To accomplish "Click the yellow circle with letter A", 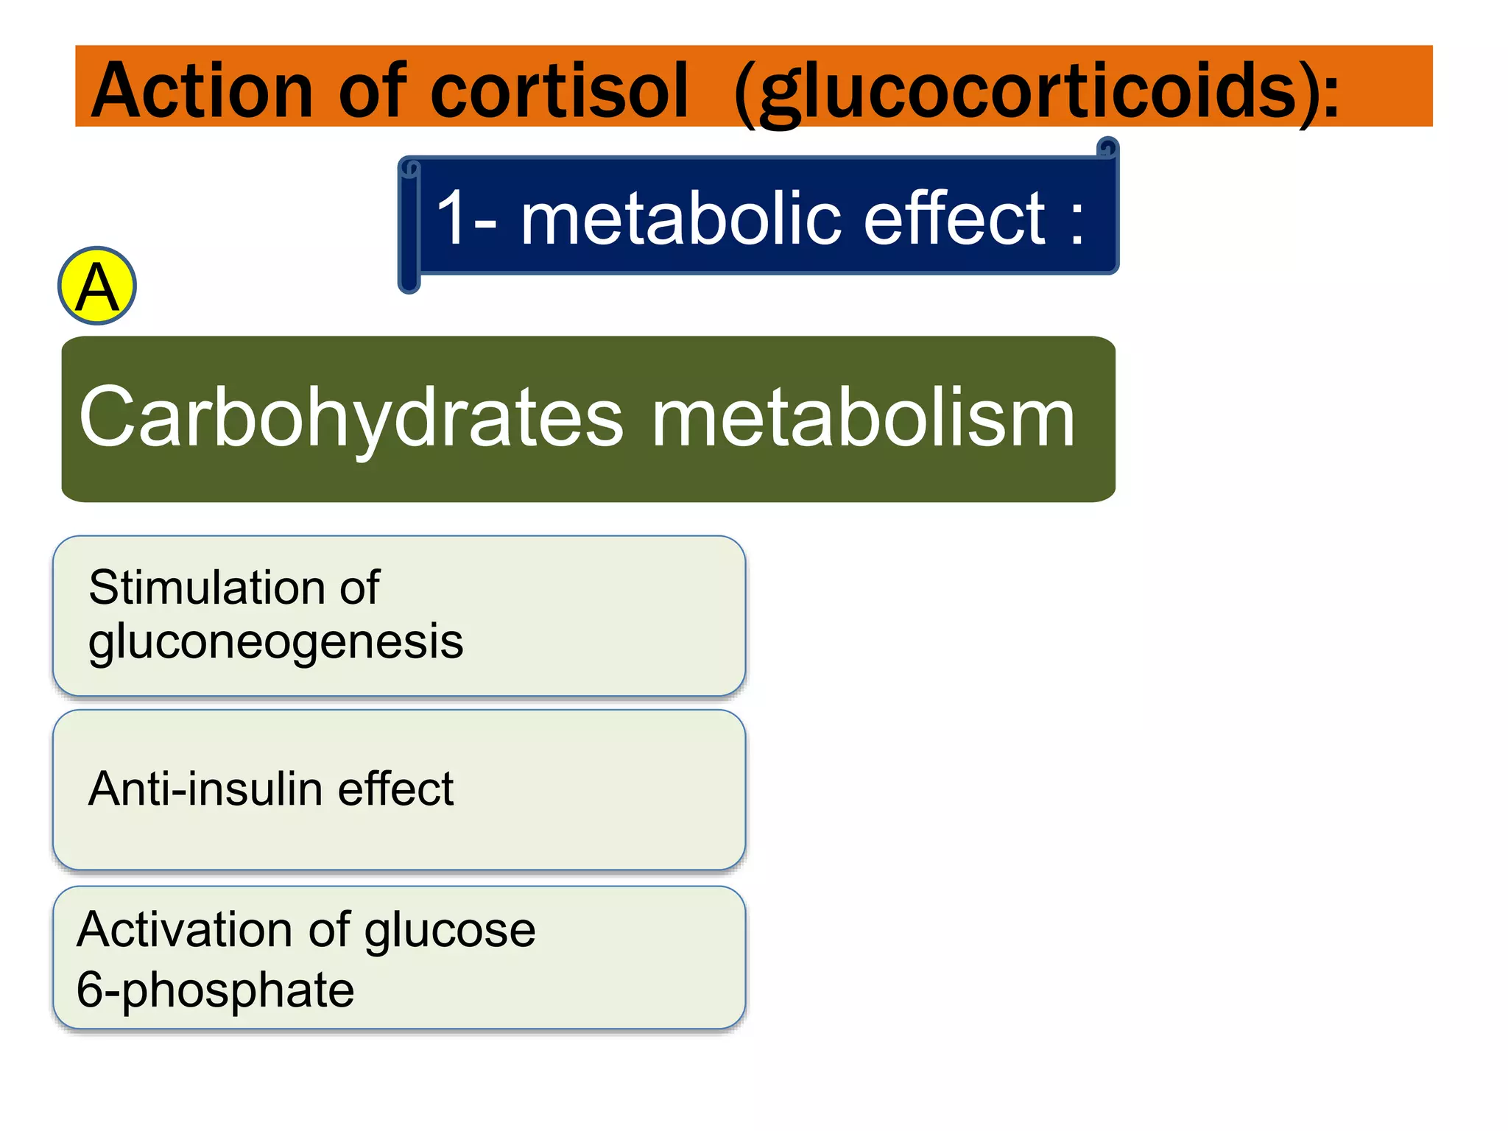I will [97, 286].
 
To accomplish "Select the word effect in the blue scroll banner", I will [954, 218].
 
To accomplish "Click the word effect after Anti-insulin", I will [395, 789].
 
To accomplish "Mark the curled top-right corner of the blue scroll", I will [1107, 148].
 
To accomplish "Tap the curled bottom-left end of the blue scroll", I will [409, 283].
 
